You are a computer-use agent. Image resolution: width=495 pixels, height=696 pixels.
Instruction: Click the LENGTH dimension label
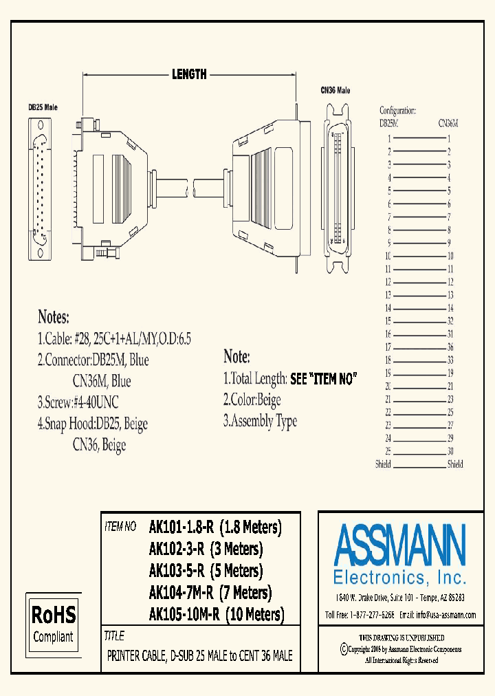point(189,74)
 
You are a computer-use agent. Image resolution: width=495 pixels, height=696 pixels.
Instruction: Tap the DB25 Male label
point(43,107)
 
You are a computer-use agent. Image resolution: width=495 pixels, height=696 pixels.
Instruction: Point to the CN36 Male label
point(335,90)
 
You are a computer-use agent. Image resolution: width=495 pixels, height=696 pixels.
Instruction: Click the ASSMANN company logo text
point(399,545)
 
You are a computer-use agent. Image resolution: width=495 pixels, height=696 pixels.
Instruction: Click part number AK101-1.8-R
point(182,528)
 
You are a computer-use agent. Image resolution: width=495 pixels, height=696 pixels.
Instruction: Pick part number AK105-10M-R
point(184,614)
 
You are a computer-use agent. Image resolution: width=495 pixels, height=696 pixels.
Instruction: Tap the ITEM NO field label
point(120,528)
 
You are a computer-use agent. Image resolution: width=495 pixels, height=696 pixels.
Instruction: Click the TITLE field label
point(114,635)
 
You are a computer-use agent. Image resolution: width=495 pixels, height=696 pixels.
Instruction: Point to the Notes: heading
point(54,318)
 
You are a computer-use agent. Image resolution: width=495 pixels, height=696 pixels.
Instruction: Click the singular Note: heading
point(236,357)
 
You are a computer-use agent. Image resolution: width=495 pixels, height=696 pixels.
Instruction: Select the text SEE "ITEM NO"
point(324,378)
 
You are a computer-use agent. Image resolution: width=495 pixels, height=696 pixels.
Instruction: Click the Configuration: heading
point(398,110)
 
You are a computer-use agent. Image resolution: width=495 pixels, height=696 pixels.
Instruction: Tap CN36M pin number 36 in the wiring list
point(450,347)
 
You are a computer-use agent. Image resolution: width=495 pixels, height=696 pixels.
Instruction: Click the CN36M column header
point(448,124)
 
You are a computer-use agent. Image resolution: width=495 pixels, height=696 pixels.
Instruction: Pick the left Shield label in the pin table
point(384,464)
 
